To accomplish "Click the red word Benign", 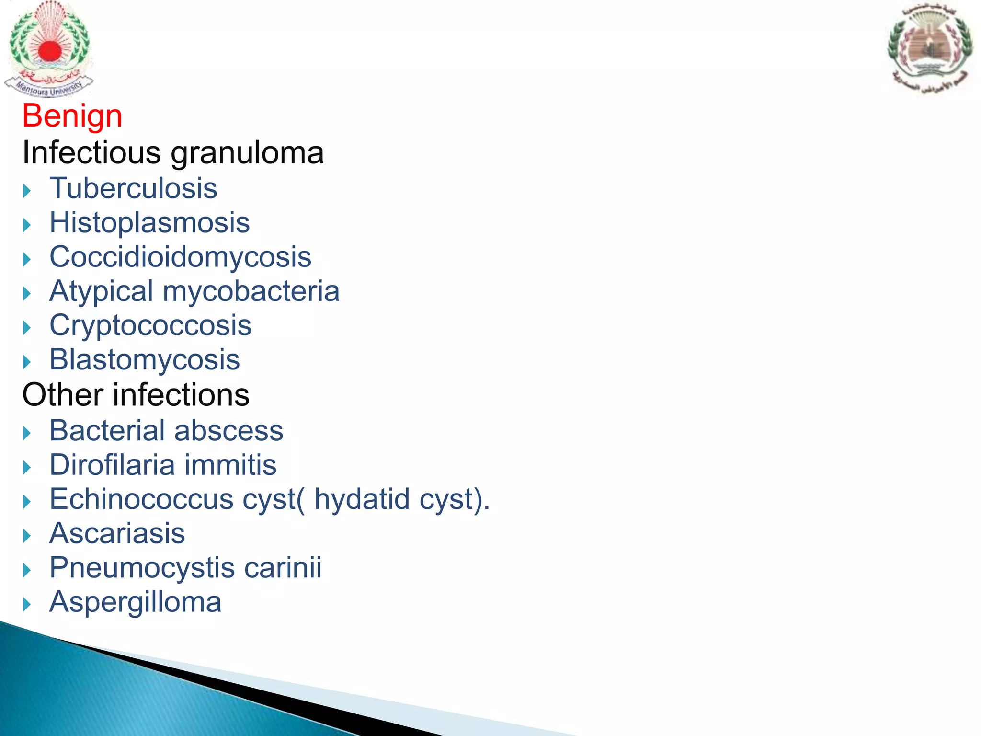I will [x=72, y=116].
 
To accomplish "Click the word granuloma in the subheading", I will [x=247, y=153].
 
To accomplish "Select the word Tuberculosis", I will [x=133, y=188].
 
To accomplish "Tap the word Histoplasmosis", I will [x=149, y=222].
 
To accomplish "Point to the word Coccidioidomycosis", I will [x=180, y=257].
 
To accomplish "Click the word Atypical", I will [x=101, y=291].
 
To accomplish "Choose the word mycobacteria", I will [x=251, y=291].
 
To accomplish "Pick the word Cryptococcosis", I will [x=150, y=325].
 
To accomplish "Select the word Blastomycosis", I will [x=144, y=360].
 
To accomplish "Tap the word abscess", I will [x=228, y=430].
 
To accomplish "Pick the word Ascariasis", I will [x=117, y=533].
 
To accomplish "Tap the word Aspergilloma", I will [x=135, y=602].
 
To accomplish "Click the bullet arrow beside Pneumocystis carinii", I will [x=27, y=570].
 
